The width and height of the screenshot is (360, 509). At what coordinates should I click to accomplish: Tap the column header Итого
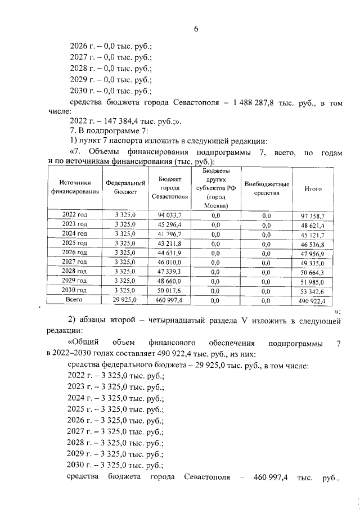pyautogui.click(x=313, y=189)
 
